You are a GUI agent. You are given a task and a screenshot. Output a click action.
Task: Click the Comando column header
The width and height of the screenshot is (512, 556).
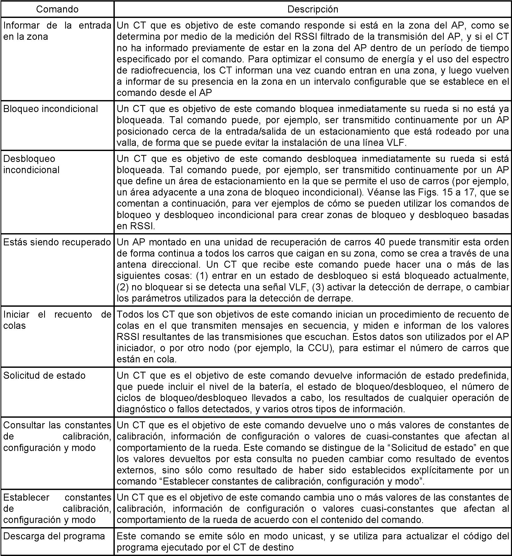[57, 9]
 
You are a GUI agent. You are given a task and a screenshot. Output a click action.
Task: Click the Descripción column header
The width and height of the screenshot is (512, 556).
[313, 9]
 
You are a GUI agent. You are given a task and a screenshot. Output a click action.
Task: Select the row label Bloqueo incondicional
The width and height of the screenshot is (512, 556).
[50, 109]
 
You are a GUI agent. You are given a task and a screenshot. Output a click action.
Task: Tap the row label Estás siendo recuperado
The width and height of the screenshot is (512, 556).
[57, 242]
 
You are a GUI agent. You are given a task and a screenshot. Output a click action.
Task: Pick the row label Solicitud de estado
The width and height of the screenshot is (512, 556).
[44, 375]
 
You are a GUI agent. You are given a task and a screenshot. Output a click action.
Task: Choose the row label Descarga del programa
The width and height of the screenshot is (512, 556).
[54, 536]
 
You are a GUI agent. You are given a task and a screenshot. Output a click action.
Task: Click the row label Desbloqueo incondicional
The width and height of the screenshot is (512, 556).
[31, 165]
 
